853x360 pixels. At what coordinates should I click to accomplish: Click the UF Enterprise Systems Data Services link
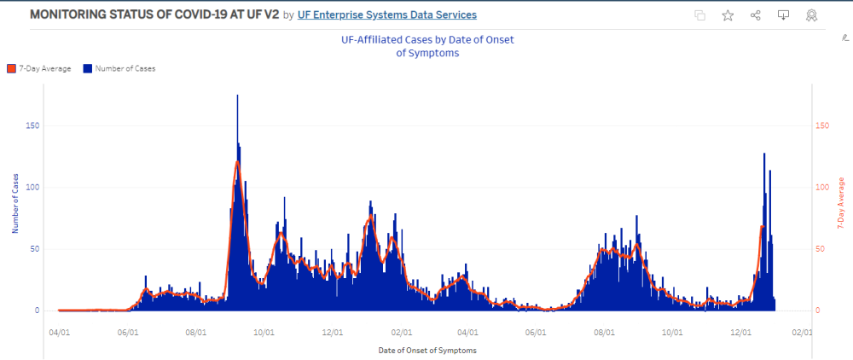(x=387, y=15)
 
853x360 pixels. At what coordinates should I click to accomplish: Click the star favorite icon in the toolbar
(x=728, y=15)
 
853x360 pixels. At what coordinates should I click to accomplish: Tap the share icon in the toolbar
(x=756, y=15)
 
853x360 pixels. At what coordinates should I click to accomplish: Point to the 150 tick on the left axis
(x=33, y=125)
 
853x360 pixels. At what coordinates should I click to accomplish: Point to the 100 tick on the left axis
(x=33, y=187)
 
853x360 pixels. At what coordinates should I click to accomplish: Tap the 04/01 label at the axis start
(x=59, y=333)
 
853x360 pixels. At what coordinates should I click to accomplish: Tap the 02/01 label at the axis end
(x=802, y=333)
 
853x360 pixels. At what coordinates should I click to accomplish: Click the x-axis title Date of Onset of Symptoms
(x=426, y=351)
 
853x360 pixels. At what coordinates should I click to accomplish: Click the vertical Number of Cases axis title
(x=15, y=203)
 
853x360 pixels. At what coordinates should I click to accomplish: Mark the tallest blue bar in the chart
(x=237, y=96)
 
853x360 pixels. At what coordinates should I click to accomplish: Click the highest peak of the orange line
(x=237, y=162)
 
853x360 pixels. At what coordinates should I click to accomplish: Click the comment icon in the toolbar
(x=783, y=15)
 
